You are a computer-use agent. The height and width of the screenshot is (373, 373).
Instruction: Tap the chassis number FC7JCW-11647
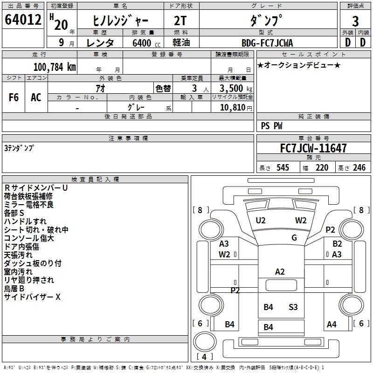tap(313, 148)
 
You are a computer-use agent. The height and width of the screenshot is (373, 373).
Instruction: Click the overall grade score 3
tap(355, 21)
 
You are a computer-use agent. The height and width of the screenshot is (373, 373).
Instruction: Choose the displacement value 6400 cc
tap(142, 43)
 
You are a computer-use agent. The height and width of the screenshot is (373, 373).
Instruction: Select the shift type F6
tap(14, 97)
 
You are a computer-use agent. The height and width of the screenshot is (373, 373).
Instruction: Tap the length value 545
tap(283, 168)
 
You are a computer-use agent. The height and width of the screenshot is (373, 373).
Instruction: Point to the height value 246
tap(359, 168)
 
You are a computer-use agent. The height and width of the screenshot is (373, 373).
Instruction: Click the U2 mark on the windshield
tap(261, 221)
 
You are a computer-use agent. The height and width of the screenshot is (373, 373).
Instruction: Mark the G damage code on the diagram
tap(294, 238)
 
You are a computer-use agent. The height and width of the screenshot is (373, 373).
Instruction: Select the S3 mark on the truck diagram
tap(293, 307)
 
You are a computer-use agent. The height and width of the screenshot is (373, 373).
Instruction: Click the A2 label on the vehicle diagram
tap(280, 272)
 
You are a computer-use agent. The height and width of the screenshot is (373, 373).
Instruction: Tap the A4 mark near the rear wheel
tap(332, 325)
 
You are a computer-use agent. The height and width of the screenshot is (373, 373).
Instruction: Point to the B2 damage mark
tap(337, 244)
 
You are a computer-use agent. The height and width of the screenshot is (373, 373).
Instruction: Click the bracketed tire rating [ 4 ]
tap(205, 357)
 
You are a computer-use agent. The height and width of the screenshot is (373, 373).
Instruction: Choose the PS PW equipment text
tap(272, 126)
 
